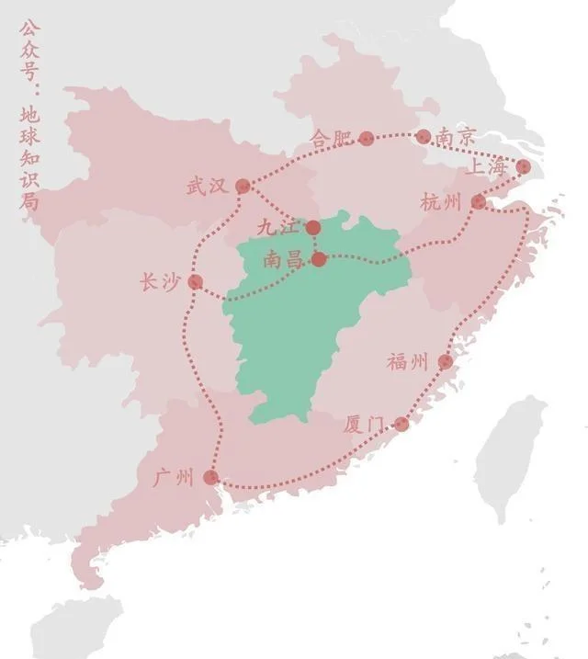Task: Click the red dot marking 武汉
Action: [243, 186]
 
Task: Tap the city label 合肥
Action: [332, 139]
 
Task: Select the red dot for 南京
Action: [424, 137]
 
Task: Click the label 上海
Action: [486, 166]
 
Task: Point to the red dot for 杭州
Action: [479, 202]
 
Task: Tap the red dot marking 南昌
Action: [318, 259]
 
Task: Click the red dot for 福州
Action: [446, 362]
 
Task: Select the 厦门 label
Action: [363, 425]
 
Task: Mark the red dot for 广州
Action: [210, 477]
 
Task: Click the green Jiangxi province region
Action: [294, 331]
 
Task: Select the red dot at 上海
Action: [524, 166]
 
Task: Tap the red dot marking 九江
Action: [313, 227]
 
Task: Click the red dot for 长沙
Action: [195, 281]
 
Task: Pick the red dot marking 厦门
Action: [401, 424]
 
